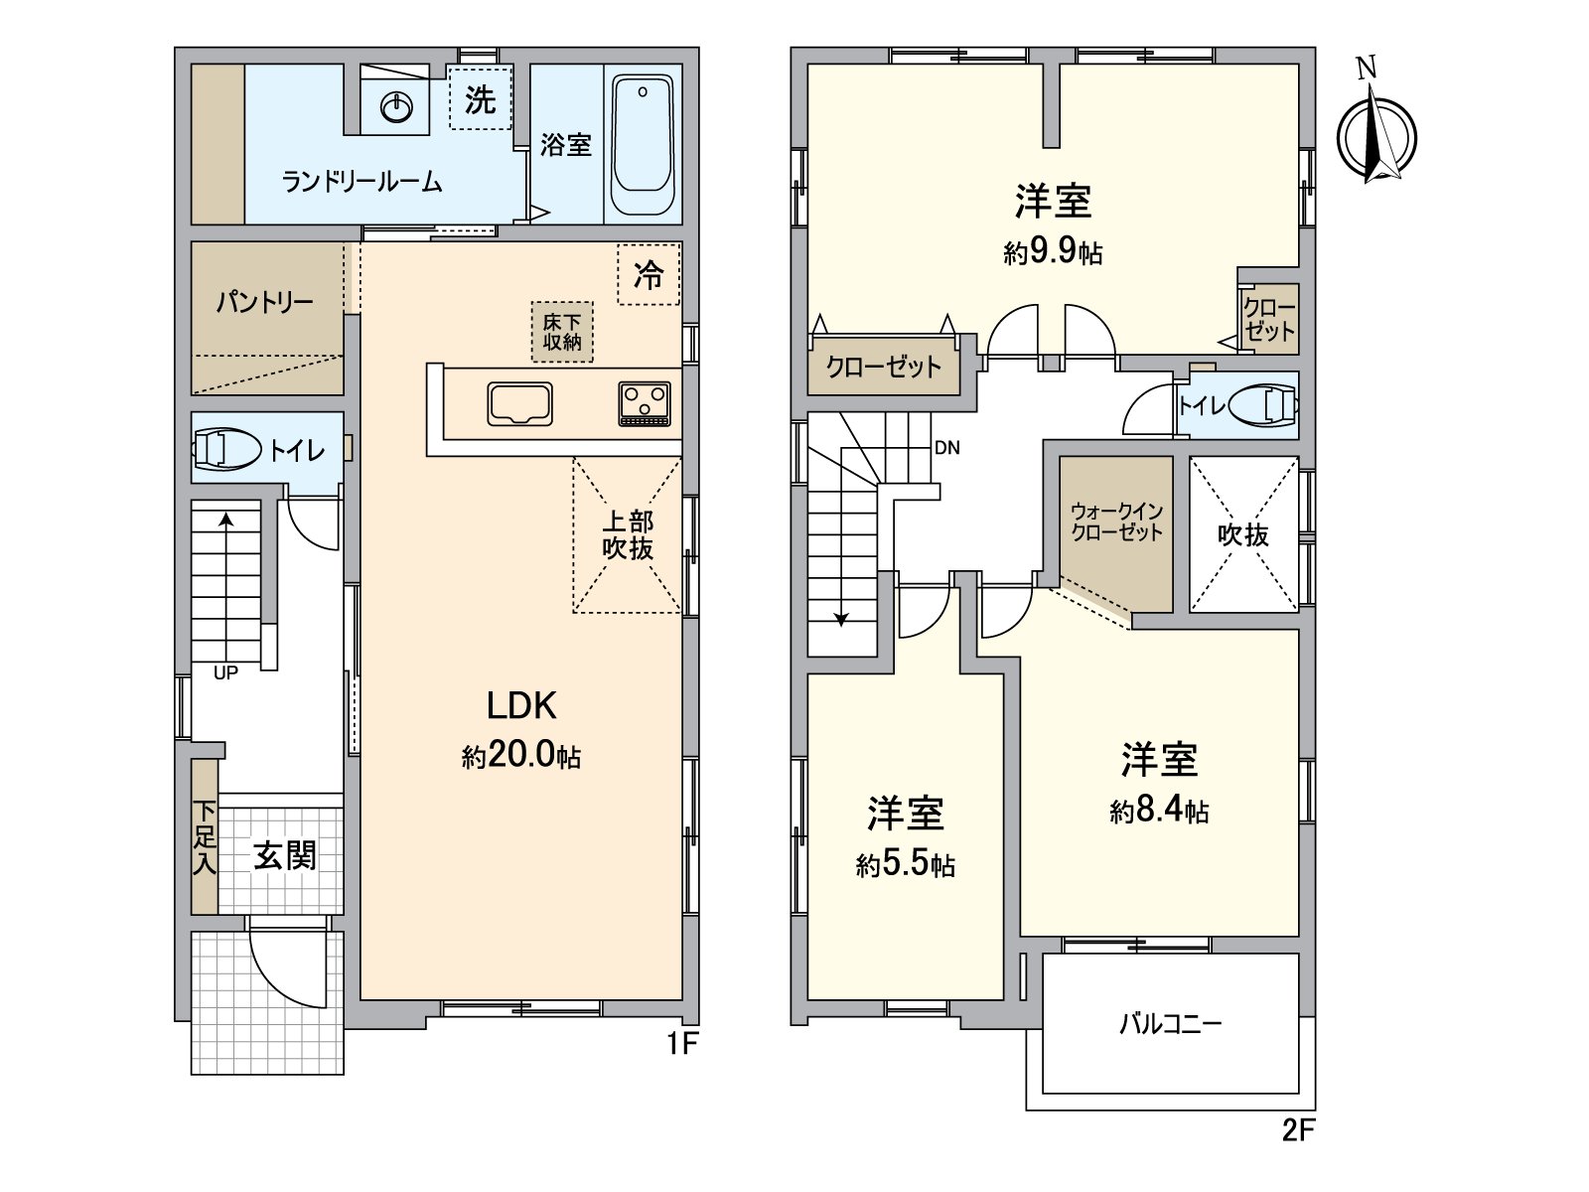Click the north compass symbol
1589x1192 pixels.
(1375, 135)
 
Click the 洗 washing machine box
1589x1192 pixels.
(480, 97)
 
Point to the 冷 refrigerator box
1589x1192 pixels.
(649, 274)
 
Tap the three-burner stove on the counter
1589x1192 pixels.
(645, 404)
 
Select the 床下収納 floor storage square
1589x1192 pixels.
(562, 332)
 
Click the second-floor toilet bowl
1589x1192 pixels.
(1262, 405)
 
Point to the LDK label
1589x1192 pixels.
(521, 705)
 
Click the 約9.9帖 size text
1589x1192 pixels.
(1053, 252)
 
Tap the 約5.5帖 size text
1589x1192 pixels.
(906, 865)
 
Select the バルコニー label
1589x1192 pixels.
(1170, 1023)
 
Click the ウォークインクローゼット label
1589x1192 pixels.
(1117, 521)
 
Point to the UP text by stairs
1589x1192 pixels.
(226, 672)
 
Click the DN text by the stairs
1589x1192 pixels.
(947, 448)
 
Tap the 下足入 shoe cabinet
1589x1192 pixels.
(205, 837)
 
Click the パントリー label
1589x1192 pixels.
(265, 302)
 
